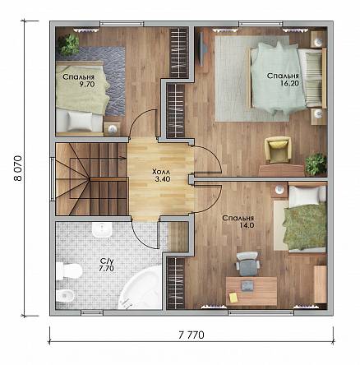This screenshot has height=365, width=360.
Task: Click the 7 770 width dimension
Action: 192,335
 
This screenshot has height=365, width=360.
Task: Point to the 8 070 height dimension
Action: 17,169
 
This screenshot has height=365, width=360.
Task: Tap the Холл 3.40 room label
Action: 161,176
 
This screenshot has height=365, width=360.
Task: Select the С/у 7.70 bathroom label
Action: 106,265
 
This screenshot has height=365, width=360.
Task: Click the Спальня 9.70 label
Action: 79,81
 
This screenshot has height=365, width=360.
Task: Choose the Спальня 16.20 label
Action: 283,79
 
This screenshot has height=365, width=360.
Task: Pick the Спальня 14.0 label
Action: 238,222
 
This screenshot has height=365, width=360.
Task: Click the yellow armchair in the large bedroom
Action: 278,150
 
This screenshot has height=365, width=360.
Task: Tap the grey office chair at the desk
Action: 247,264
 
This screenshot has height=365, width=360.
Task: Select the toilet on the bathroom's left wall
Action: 69,271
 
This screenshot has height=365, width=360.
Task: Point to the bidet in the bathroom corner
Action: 65,297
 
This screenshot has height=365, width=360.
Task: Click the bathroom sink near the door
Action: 102,229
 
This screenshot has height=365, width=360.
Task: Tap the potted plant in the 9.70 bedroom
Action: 69,44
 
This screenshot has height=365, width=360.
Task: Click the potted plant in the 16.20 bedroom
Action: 316,164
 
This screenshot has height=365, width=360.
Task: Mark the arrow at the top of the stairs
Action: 122,158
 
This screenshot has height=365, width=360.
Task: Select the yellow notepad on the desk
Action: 233,298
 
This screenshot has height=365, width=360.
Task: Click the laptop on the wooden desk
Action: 248,285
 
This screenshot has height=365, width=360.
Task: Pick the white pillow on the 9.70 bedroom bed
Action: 80,122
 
